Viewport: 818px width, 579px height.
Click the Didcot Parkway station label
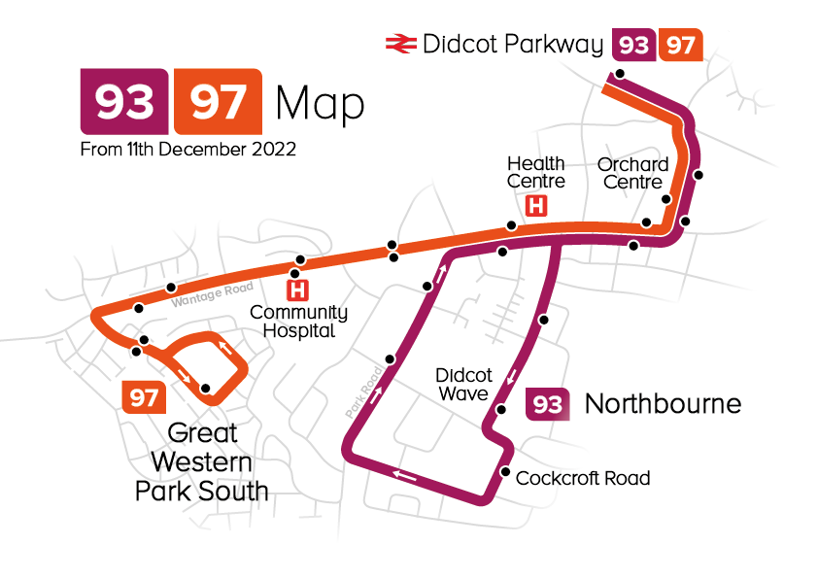513,44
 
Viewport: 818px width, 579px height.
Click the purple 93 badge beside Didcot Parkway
633,45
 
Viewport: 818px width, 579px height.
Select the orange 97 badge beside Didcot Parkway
680,45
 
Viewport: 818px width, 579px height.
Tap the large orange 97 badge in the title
217,101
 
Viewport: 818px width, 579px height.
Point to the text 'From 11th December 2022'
188,151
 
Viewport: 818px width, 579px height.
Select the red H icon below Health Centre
535,206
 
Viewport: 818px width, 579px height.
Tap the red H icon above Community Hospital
298,289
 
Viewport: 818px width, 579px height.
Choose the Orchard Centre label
632,173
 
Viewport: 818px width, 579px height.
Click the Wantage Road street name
212,294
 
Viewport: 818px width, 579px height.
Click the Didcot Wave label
463,384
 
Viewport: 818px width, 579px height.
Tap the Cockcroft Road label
583,478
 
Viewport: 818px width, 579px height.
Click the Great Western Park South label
201,461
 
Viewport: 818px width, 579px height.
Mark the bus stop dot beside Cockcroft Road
504,472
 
